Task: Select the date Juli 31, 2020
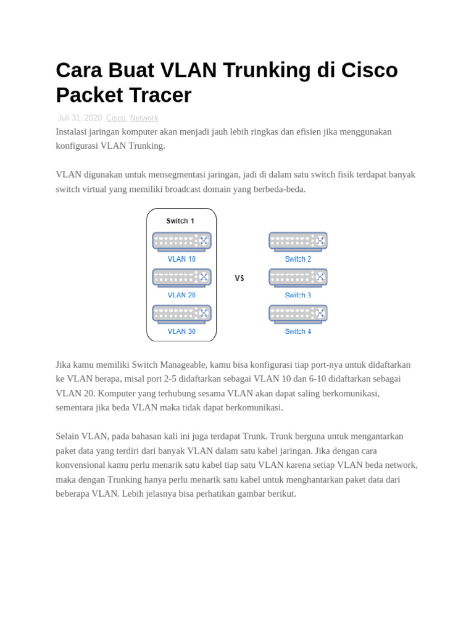(80, 118)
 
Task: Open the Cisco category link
(116, 118)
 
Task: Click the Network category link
(144, 118)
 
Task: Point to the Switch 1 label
(180, 221)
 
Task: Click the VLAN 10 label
(181, 259)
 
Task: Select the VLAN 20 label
(181, 296)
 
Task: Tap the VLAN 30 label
(181, 331)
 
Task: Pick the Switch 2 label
(298, 259)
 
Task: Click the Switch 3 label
(298, 296)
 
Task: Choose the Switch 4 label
(298, 331)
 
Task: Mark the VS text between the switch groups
(239, 278)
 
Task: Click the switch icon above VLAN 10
(181, 241)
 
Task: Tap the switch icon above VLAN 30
(181, 314)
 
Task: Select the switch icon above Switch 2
(298, 241)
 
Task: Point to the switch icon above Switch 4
(298, 314)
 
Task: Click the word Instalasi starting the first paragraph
(74, 132)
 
